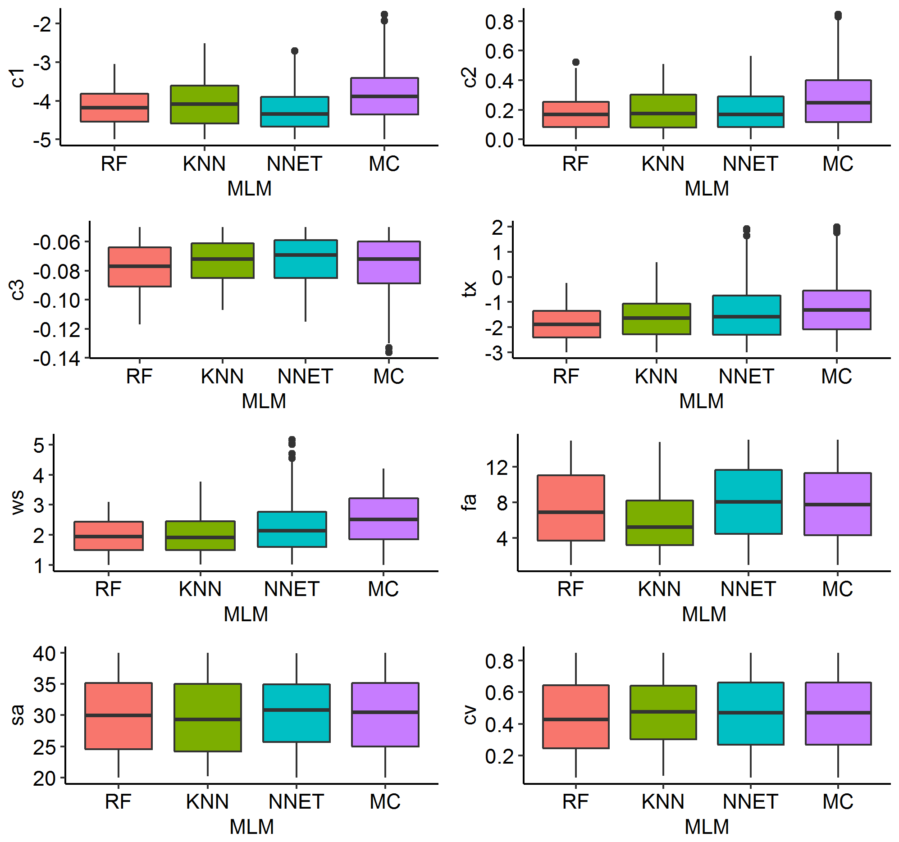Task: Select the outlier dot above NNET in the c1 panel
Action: [x=294, y=51]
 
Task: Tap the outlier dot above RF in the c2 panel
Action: [x=575, y=63]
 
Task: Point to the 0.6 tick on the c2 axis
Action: [x=499, y=51]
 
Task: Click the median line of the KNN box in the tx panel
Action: [x=656, y=318]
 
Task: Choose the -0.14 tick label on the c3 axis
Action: [x=56, y=359]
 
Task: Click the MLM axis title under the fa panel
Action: [x=704, y=614]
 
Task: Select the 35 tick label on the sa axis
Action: [x=44, y=685]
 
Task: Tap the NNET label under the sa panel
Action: [x=296, y=801]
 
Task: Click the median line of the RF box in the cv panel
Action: [x=575, y=719]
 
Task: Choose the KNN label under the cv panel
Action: [x=663, y=801]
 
